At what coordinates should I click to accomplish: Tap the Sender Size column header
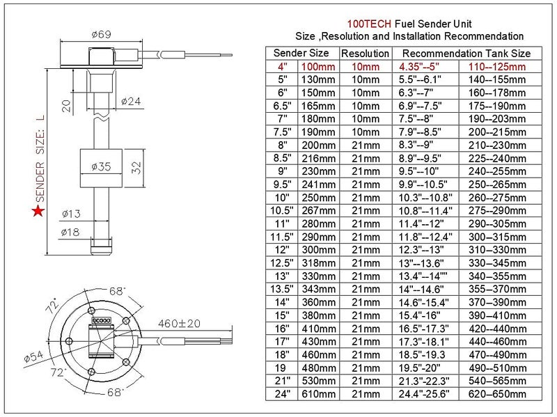click(301, 53)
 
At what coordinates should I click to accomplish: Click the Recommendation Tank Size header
click(466, 53)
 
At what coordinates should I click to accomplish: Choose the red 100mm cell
click(317, 66)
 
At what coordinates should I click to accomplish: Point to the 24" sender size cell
click(283, 393)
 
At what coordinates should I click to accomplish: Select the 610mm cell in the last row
click(317, 393)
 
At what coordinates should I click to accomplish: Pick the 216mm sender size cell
click(317, 158)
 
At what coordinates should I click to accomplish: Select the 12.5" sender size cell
click(283, 262)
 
